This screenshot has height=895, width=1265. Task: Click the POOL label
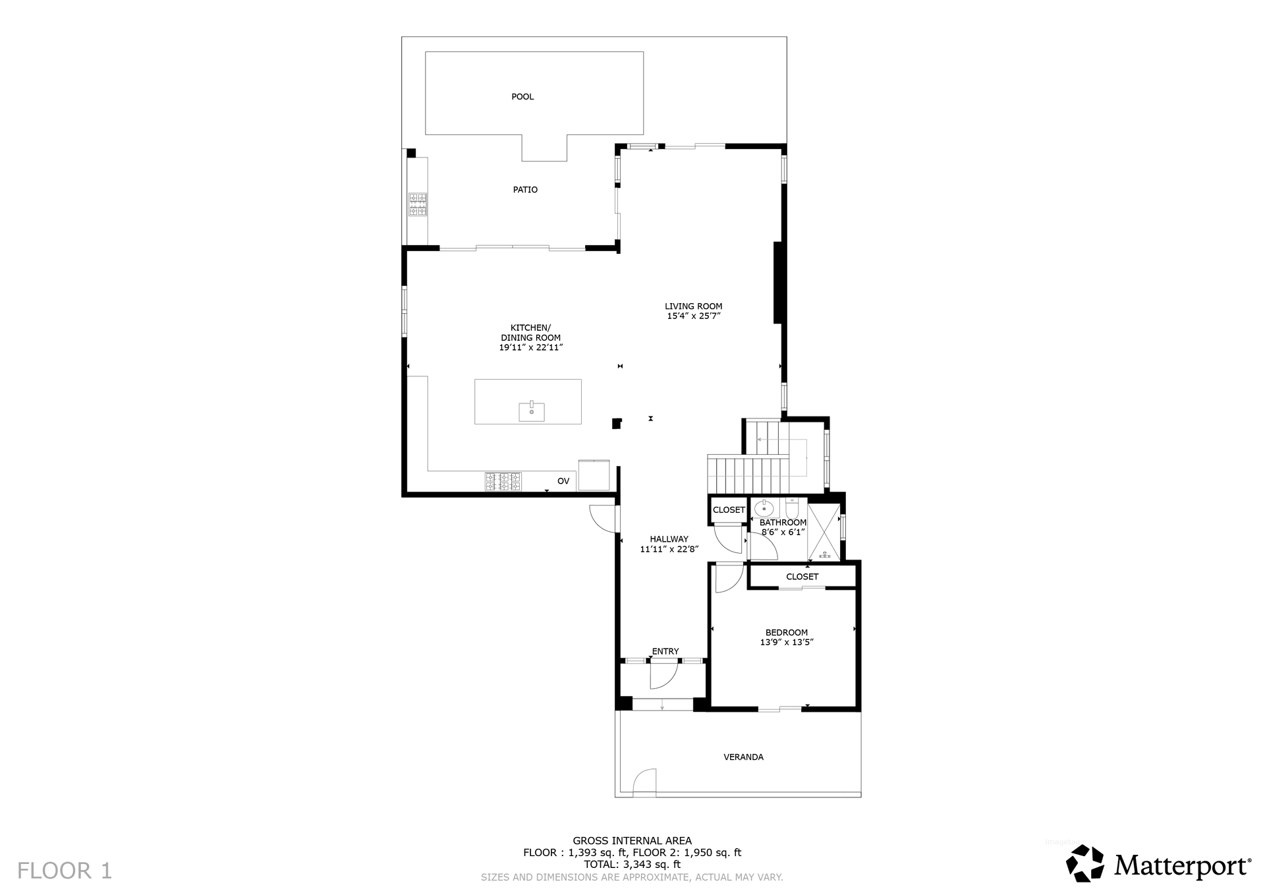coord(522,97)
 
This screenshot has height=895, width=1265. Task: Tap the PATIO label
coord(525,190)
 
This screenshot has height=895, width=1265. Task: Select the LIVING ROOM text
coord(693,306)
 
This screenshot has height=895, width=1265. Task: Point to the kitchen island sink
coord(532,411)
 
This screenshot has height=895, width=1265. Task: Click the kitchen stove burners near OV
coord(503,482)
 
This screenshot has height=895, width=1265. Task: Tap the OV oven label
coord(563,482)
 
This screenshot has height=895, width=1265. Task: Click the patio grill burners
coord(417,204)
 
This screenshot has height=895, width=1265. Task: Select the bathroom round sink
coord(764,509)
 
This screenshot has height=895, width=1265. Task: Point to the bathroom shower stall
coord(824,532)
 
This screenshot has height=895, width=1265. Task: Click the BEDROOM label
coord(787,633)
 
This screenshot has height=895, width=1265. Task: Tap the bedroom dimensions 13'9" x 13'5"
coord(787,643)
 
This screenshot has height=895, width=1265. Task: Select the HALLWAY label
coord(669,539)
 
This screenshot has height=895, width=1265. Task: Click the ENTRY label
coord(665,652)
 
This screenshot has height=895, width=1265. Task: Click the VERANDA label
coord(744,757)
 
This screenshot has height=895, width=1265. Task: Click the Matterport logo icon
coord(1085,863)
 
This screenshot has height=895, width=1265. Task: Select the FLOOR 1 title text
coord(65,871)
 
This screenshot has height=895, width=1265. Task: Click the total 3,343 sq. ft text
coord(632,865)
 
